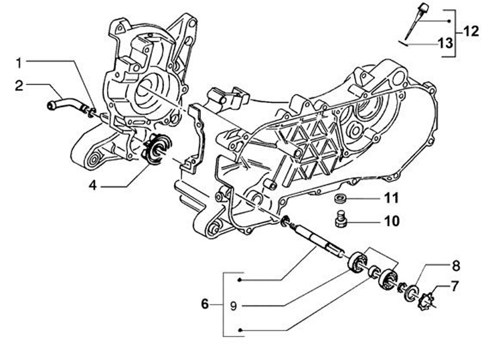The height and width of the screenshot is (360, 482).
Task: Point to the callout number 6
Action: pos(206,304)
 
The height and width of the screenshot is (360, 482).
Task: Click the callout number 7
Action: pos(455,286)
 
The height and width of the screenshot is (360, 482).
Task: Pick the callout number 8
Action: pos(455,264)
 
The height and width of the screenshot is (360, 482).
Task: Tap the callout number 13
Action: pos(445,43)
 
